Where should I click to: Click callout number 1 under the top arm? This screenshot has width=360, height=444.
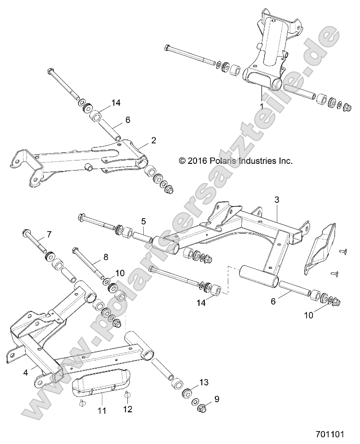[x=261, y=105]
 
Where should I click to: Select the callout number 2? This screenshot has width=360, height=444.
[x=153, y=140]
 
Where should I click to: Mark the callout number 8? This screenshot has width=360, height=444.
[x=106, y=257]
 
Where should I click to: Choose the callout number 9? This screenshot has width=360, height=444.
[x=217, y=398]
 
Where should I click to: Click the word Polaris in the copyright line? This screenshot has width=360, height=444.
[x=224, y=161]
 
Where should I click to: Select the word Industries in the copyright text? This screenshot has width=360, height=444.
[x=259, y=161]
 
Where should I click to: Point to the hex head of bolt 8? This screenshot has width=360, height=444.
[x=75, y=250]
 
